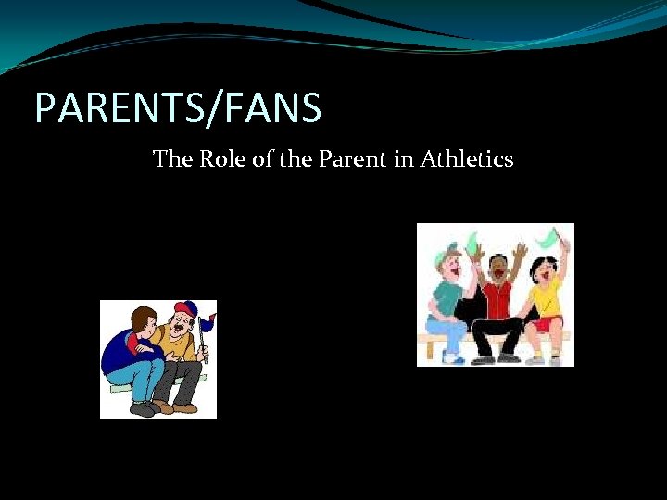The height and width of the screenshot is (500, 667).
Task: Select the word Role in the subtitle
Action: tap(220, 159)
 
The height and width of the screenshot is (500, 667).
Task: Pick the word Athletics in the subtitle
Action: tap(467, 159)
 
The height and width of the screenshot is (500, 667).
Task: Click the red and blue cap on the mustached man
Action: tap(186, 310)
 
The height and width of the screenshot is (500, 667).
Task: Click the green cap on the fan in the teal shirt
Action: tap(451, 253)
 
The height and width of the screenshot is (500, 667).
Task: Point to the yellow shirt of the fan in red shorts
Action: tap(544, 296)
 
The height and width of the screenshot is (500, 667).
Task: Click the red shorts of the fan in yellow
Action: tap(547, 324)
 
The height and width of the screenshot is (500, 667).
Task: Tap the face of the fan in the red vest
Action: tap(497, 266)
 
